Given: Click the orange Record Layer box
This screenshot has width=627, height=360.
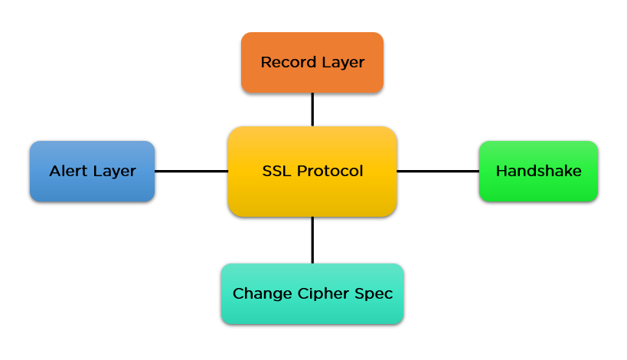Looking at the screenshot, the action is pos(312,62).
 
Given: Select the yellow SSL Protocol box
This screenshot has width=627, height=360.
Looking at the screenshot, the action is pos(312,172).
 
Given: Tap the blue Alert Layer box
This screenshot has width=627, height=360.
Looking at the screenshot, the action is pos(93,172).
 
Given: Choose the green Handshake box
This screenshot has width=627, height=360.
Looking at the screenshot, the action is pos(539,172).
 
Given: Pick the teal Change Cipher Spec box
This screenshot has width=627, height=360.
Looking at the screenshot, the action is pos(312,293).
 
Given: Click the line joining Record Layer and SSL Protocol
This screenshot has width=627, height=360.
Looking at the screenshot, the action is pos(312,110).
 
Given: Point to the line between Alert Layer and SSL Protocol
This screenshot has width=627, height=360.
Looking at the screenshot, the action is pos(191,172).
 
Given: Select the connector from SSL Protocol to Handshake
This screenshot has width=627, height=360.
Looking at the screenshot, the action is pos(438,172).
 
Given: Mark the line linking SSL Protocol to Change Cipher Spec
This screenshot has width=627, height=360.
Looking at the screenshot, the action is pos(312,240).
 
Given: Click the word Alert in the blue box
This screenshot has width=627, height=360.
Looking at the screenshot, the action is pos(68,172).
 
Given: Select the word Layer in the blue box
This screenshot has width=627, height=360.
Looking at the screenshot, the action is pos(115,172).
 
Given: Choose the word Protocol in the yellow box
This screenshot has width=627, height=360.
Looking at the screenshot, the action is pos(330,172).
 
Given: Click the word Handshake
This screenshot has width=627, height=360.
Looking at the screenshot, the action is pos(539,172).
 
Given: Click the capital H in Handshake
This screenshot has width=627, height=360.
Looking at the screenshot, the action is pos(502,172).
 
